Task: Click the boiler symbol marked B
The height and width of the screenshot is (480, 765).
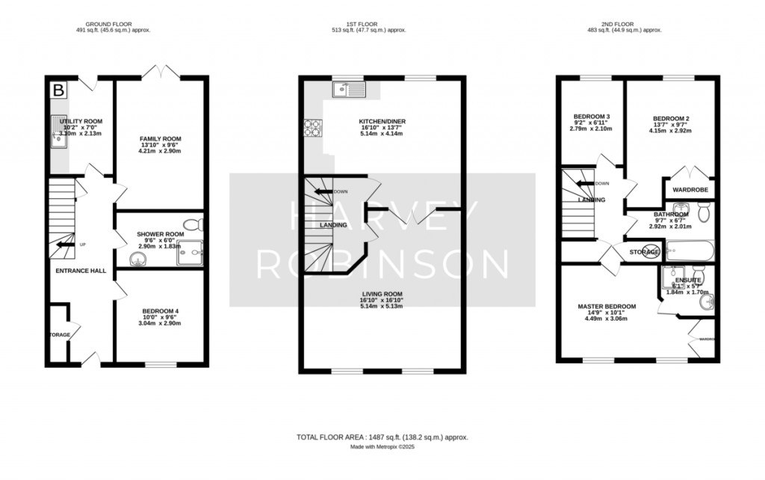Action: [57, 90]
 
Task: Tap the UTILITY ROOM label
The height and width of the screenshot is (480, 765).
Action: [81, 121]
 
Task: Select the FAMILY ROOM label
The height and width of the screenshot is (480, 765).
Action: [161, 139]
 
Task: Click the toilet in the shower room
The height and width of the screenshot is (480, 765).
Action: [194, 224]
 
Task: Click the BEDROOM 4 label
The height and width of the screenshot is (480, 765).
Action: [160, 310]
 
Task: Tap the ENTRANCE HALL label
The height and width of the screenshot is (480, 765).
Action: [80, 271]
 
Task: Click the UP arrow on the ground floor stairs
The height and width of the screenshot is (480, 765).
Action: [66, 244]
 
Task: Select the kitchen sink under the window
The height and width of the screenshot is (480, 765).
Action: [348, 90]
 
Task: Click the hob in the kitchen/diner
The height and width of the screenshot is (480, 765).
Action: [312, 129]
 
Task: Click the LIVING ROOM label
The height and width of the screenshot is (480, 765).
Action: [382, 295]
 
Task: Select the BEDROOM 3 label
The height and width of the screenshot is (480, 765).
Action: [592, 117]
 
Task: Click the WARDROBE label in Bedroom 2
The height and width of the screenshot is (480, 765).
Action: [690, 190]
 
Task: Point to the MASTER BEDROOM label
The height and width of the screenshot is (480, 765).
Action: [607, 307]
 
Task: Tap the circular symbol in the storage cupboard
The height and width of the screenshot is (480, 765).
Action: [654, 252]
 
